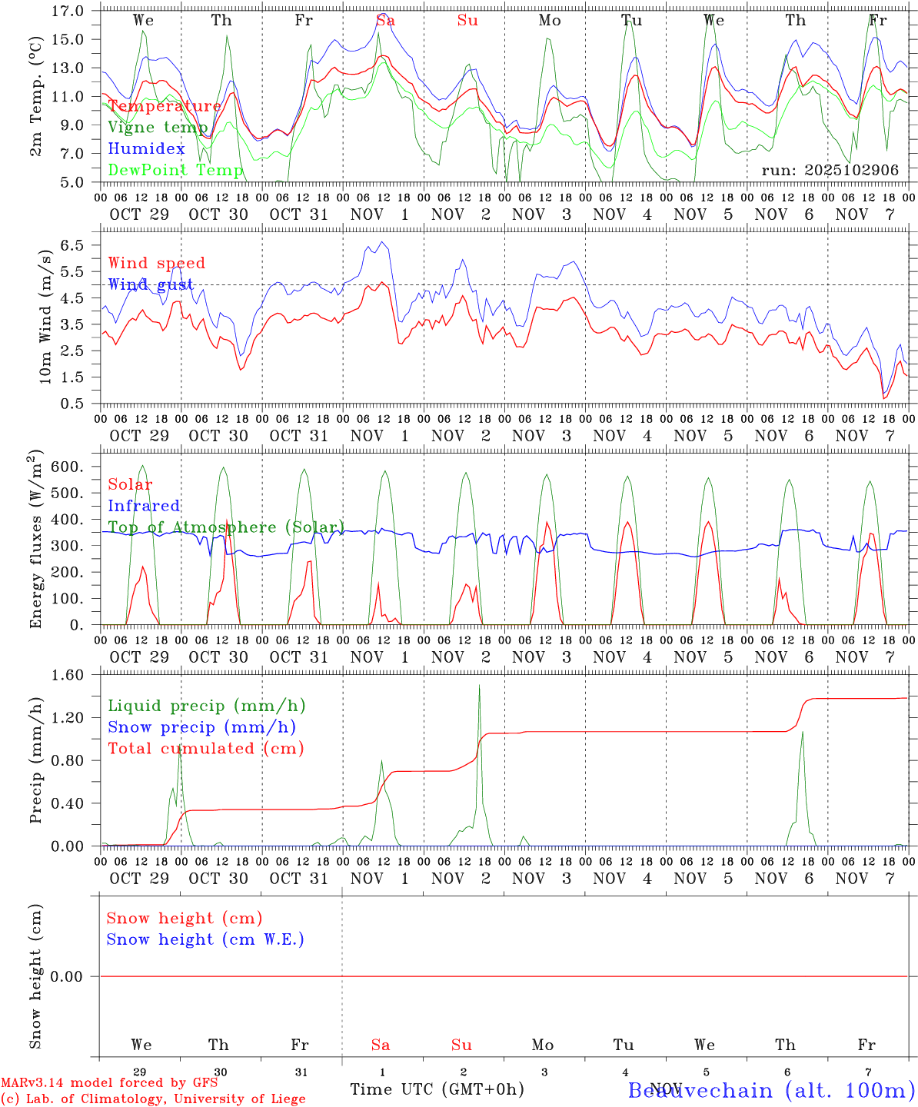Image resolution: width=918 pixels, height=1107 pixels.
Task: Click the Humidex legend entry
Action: pyautogui.click(x=146, y=148)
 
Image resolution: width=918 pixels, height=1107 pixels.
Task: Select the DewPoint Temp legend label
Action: pyautogui.click(x=175, y=170)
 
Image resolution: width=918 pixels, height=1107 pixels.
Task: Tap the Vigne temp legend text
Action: pyautogui.click(x=158, y=128)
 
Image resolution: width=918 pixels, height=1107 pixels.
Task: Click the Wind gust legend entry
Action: pyautogui.click(x=151, y=284)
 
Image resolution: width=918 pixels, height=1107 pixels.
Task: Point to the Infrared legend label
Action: pyautogui.click(x=144, y=506)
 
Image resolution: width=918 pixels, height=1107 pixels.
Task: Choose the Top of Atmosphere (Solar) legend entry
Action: pyautogui.click(x=226, y=527)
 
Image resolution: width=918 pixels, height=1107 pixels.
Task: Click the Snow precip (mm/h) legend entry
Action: pyautogui.click(x=201, y=727)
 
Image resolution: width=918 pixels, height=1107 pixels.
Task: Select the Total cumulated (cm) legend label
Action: pyautogui.click(x=206, y=748)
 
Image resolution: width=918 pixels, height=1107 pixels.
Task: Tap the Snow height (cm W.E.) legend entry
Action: pyautogui.click(x=205, y=939)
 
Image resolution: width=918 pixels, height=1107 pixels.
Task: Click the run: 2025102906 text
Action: pyautogui.click(x=830, y=170)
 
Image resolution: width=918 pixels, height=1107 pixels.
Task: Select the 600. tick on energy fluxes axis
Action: pyautogui.click(x=66, y=467)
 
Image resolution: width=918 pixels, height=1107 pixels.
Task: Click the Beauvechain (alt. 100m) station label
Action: pyautogui.click(x=771, y=1090)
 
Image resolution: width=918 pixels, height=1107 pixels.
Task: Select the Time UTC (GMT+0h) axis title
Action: pyautogui.click(x=437, y=1089)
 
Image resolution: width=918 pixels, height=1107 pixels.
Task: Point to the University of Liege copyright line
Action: pyautogui.click(x=153, y=1099)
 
